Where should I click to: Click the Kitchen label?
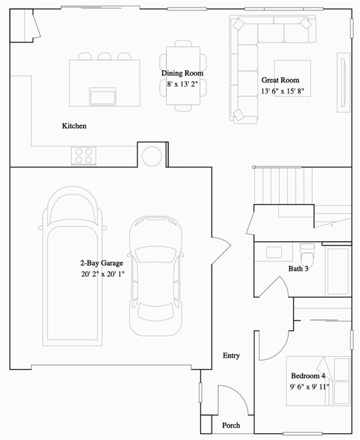point(74,126)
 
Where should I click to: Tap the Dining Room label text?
point(182,74)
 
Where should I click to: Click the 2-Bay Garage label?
point(102,263)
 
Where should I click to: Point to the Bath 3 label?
point(298,269)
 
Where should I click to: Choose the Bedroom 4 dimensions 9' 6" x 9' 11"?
point(310,386)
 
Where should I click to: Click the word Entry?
point(232,355)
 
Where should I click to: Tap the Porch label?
point(231,426)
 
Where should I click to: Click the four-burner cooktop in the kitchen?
point(84,155)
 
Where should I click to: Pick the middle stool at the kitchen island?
point(104,56)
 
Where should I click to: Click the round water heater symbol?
point(152,155)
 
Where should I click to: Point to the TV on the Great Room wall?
point(341,83)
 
